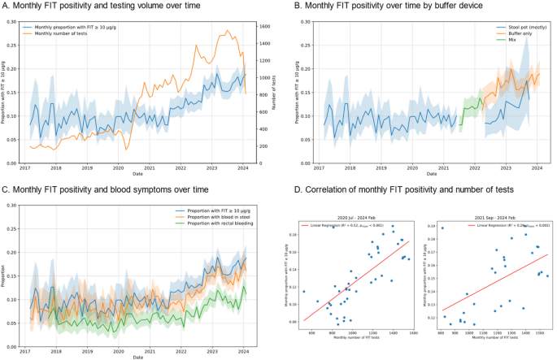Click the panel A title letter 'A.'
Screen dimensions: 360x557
(7, 7)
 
